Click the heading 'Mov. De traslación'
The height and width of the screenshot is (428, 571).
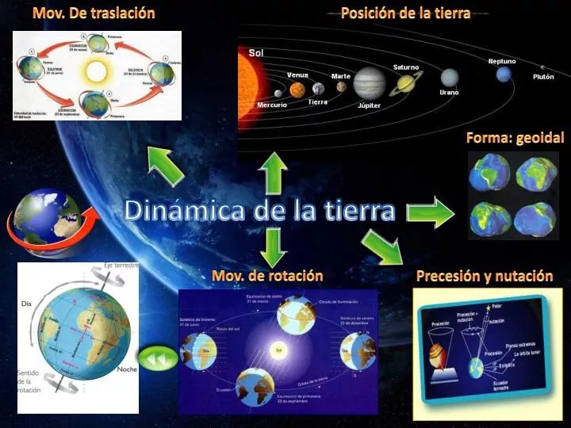point(94,13)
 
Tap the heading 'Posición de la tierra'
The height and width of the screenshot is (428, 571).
point(405,13)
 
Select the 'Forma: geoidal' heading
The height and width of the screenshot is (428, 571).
point(515,138)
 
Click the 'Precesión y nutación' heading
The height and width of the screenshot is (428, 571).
point(484,276)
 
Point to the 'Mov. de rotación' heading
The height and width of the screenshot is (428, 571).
point(267,276)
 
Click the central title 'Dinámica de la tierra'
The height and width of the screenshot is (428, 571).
point(259,211)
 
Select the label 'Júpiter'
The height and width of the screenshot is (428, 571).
point(369,105)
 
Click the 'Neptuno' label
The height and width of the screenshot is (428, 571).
point(502,61)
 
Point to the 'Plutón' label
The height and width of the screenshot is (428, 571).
point(543,77)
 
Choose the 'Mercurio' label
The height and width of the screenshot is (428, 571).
point(272,105)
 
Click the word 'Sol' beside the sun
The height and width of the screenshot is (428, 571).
point(256,52)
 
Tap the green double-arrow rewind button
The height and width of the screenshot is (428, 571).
point(158,358)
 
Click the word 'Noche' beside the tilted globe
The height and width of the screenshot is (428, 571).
point(127,369)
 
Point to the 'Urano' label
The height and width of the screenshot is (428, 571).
point(449,93)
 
